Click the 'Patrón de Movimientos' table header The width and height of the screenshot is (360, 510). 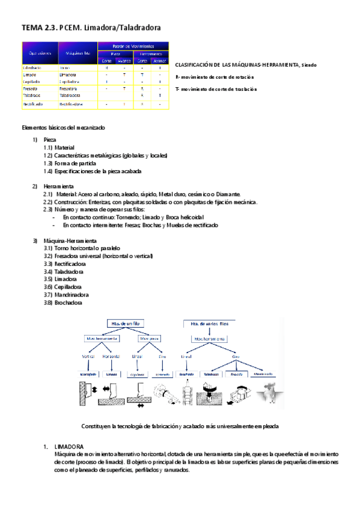[x=133, y=46]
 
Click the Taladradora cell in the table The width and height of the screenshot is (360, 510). [x=72, y=96]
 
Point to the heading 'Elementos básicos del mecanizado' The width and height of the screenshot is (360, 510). [x=63, y=128]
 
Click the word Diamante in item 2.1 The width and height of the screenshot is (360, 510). [x=228, y=194]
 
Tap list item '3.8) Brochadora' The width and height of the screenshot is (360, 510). [x=64, y=303]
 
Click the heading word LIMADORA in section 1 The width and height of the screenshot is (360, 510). [x=69, y=447]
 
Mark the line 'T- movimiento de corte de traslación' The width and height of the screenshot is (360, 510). [x=216, y=89]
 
